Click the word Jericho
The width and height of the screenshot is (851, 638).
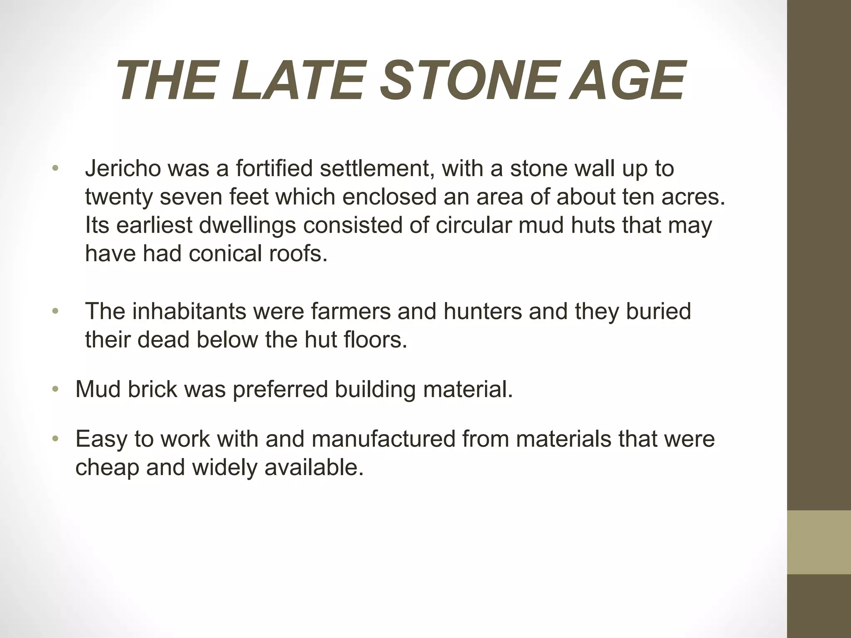pyautogui.click(x=123, y=169)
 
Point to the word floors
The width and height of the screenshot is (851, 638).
pyautogui.click(x=376, y=340)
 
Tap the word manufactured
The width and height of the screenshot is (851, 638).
pyautogui.click(x=384, y=439)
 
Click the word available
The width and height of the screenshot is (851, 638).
pyautogui.click(x=314, y=467)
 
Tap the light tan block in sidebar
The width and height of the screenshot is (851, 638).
pyautogui.click(x=819, y=542)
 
